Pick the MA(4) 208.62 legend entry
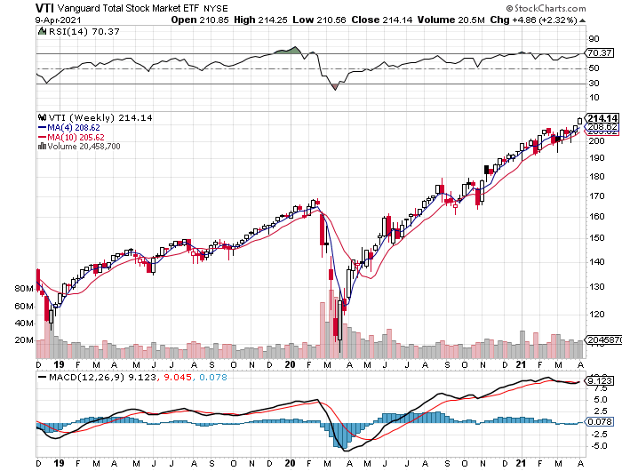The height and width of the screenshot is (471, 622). (x=67, y=127)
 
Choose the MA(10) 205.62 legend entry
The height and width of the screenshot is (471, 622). (x=68, y=137)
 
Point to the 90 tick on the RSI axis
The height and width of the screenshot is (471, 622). (x=594, y=39)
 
